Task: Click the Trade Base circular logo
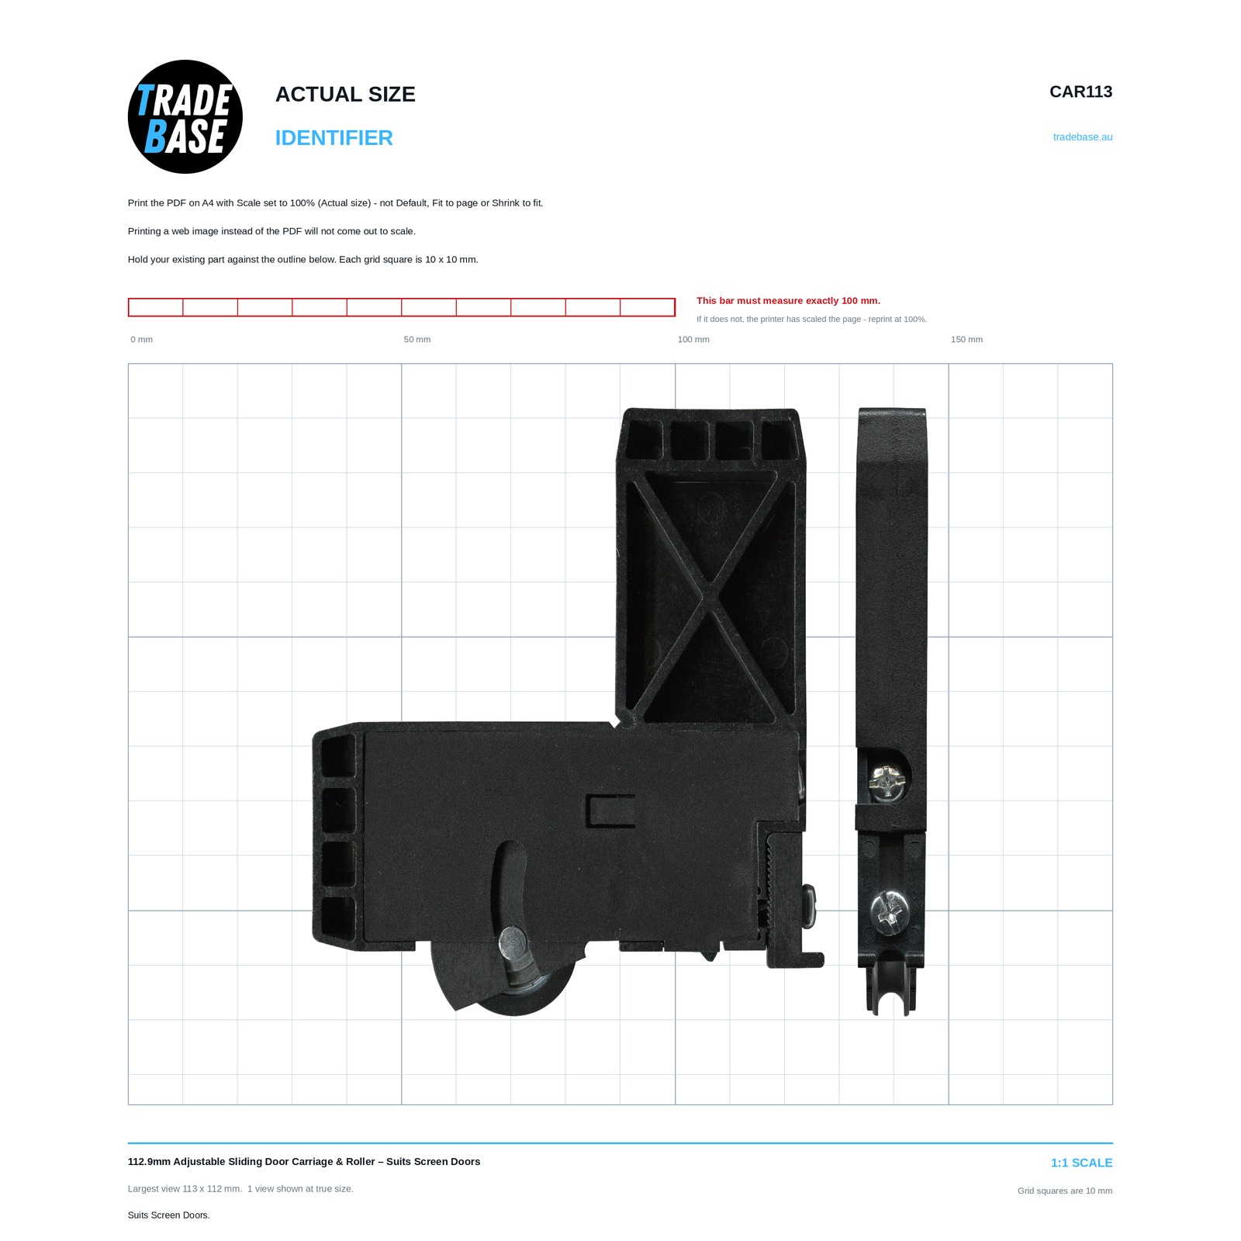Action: pos(185,117)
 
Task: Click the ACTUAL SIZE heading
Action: pos(345,95)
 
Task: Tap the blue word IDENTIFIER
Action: pos(334,138)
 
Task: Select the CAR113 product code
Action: pos(1080,92)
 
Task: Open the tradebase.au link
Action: pos(1082,137)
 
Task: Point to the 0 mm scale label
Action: pos(141,340)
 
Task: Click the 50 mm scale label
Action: pos(417,340)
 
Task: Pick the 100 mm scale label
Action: pos(693,340)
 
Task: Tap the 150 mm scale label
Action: pos(966,340)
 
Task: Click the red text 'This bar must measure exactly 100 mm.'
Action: pos(788,301)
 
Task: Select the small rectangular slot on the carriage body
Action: pos(611,811)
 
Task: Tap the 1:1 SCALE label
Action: pos(1081,1163)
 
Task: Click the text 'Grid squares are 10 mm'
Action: pos(1065,1191)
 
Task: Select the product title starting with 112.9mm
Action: pos(304,1161)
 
